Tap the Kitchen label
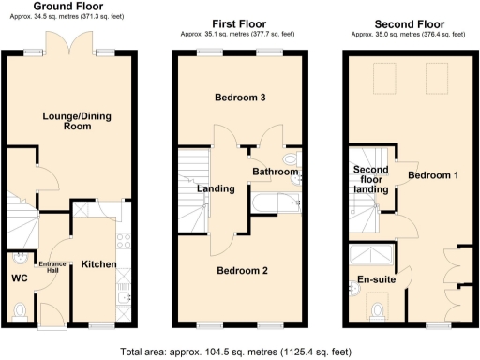[98, 264]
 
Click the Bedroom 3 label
[240, 98]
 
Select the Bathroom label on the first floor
[275, 172]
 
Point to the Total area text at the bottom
[236, 352]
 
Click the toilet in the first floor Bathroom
[291, 170]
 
